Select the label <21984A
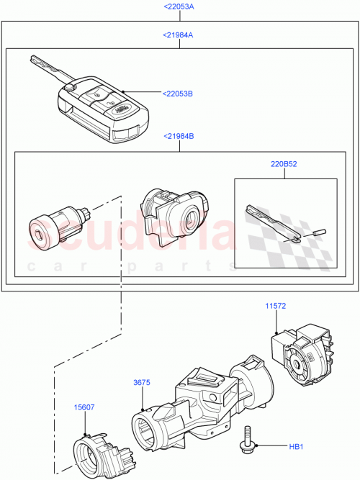pos(179,35)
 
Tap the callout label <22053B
pos(179,93)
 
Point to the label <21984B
pos(179,137)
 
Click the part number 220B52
pos(285,164)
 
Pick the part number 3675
pos(141,382)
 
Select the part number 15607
pos(84,407)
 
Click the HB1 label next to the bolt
pos(297,447)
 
